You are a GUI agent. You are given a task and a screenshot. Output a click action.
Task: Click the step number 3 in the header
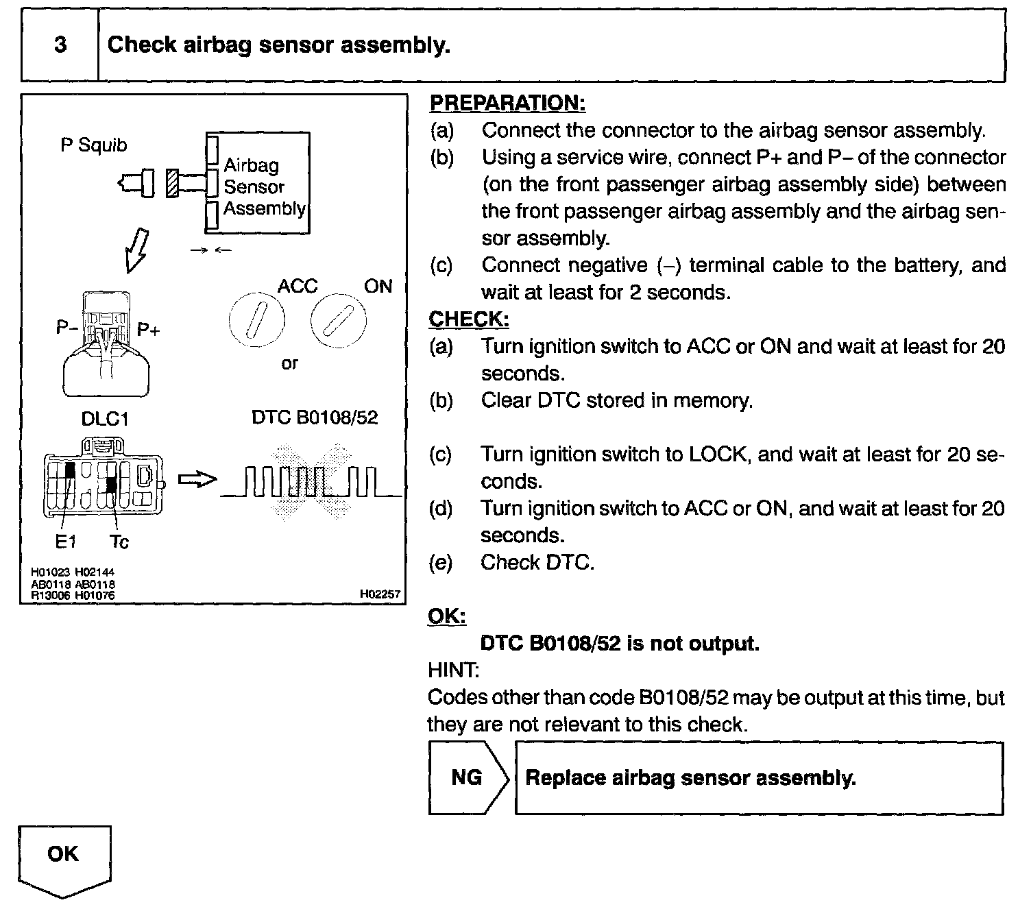click(x=60, y=45)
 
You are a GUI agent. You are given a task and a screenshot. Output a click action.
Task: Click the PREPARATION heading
click(x=507, y=103)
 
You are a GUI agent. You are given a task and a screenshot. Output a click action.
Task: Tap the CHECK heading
click(x=469, y=319)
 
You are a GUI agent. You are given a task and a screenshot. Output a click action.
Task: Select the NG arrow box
click(x=468, y=777)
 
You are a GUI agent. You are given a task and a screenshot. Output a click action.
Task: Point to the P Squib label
click(x=94, y=145)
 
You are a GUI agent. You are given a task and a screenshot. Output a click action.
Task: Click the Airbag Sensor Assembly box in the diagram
click(x=258, y=183)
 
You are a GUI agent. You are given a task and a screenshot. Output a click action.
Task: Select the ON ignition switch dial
click(x=338, y=320)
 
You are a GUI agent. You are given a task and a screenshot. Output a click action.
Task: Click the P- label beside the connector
click(x=67, y=328)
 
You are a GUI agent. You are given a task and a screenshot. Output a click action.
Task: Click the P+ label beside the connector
click(x=148, y=330)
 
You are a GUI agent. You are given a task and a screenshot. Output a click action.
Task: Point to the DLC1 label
click(x=104, y=419)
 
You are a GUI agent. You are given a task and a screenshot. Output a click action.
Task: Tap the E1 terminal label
click(x=65, y=542)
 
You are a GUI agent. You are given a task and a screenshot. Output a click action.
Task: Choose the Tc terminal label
click(x=119, y=542)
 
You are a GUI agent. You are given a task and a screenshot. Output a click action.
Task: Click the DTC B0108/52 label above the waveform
click(x=315, y=417)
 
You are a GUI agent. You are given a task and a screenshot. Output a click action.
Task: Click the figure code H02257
click(x=380, y=594)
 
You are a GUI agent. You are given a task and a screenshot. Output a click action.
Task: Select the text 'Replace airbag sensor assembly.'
click(x=690, y=778)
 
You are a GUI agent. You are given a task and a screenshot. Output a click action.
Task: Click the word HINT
click(x=453, y=670)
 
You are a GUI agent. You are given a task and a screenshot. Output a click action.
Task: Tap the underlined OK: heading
click(x=447, y=616)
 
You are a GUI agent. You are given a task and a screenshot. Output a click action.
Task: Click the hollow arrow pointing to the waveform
click(x=197, y=480)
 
